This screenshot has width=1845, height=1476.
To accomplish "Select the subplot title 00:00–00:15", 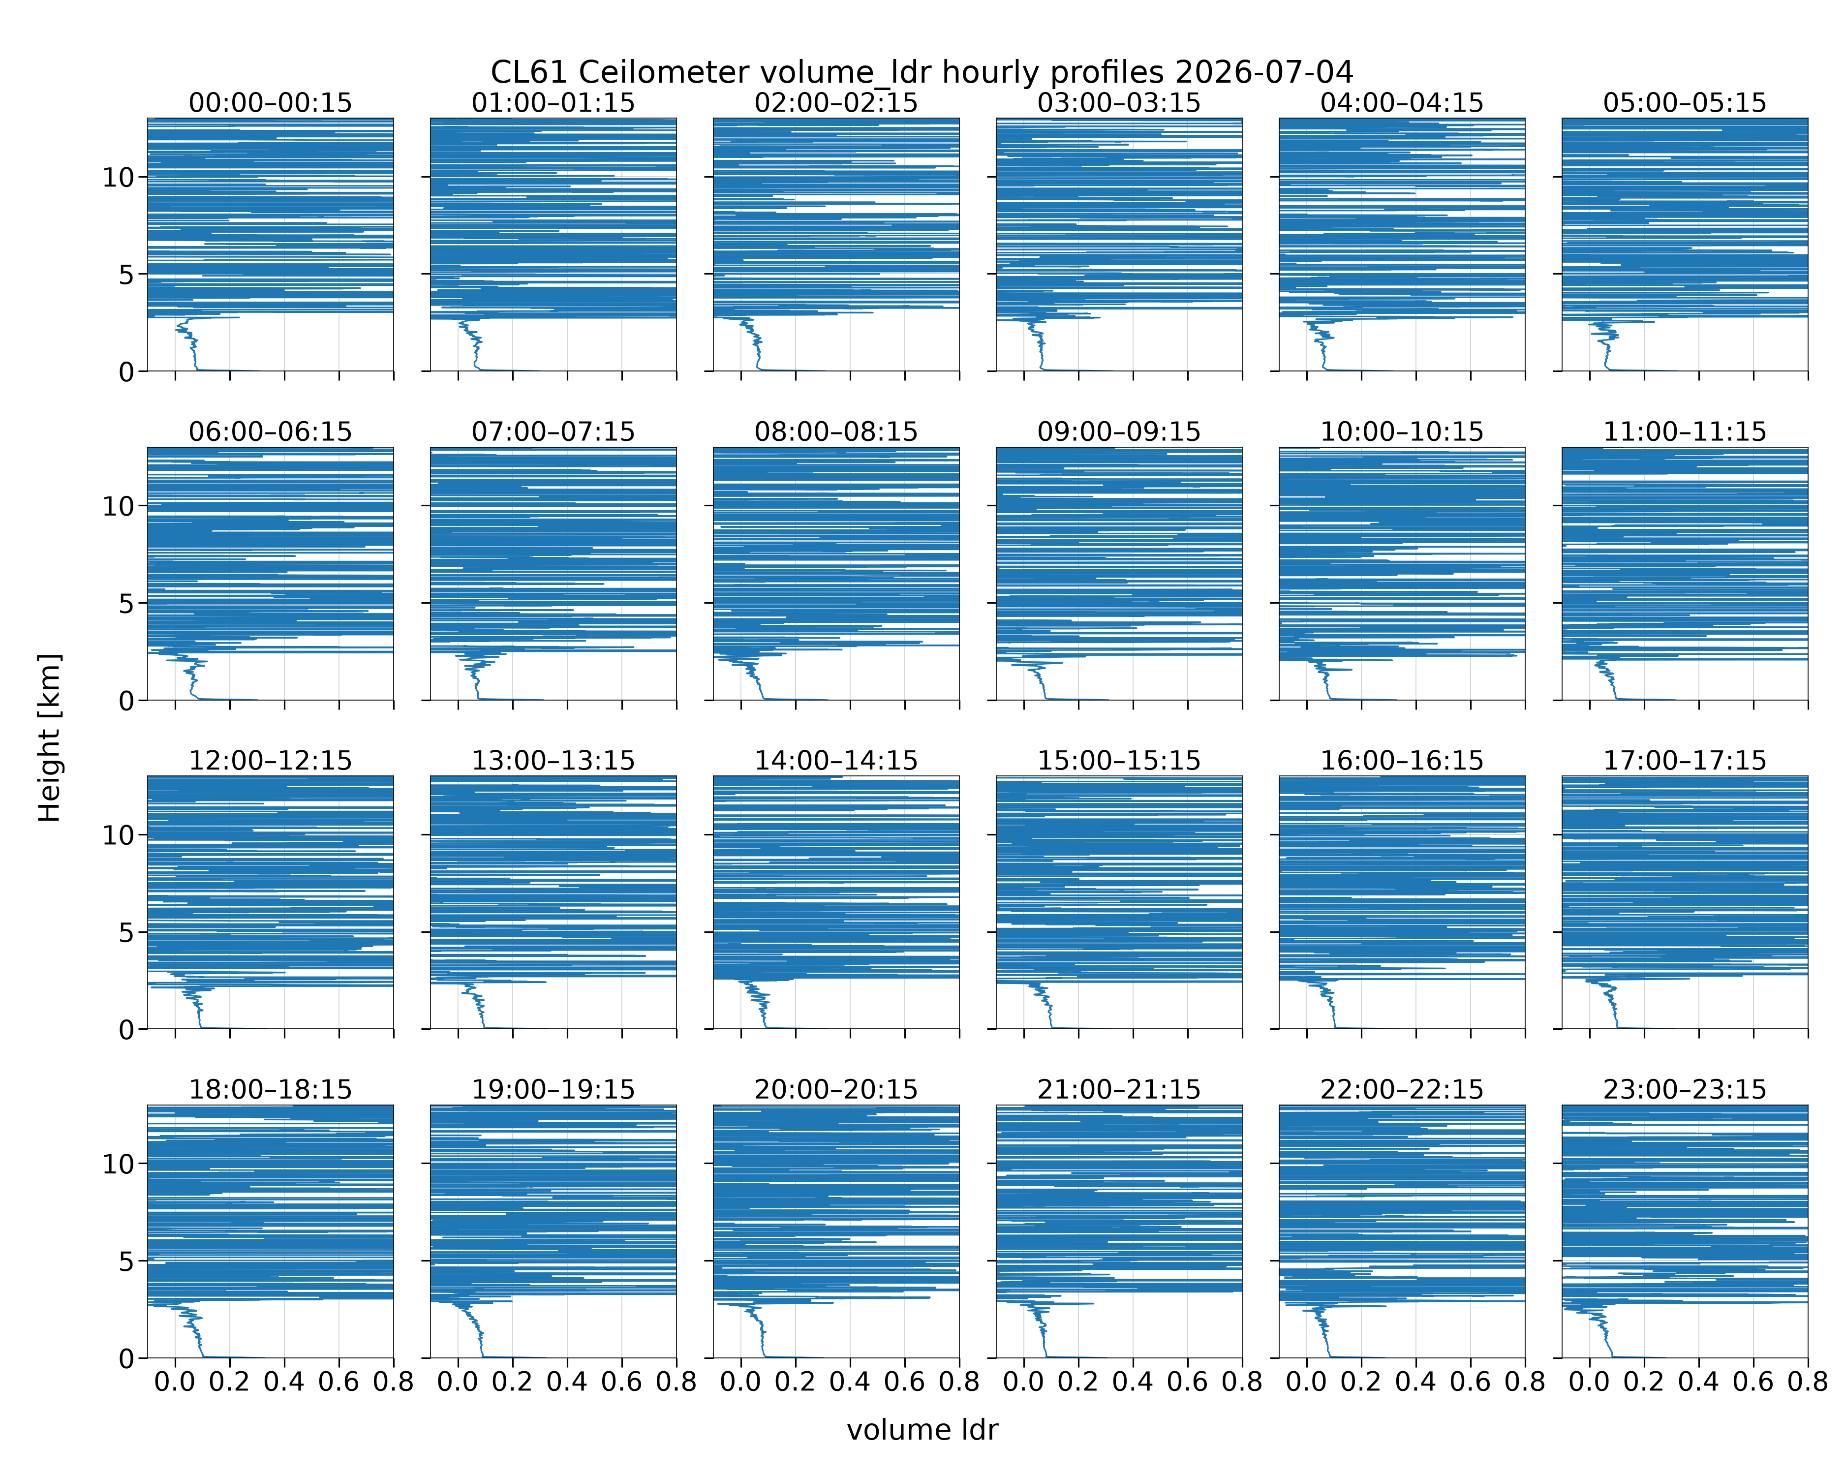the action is (x=271, y=103).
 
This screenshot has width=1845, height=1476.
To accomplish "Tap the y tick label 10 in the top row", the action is (x=118, y=178).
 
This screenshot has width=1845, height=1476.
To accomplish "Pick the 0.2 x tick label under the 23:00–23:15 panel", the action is (x=1644, y=1382).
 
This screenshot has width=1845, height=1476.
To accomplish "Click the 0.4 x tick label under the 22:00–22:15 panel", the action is (x=1415, y=1382).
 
